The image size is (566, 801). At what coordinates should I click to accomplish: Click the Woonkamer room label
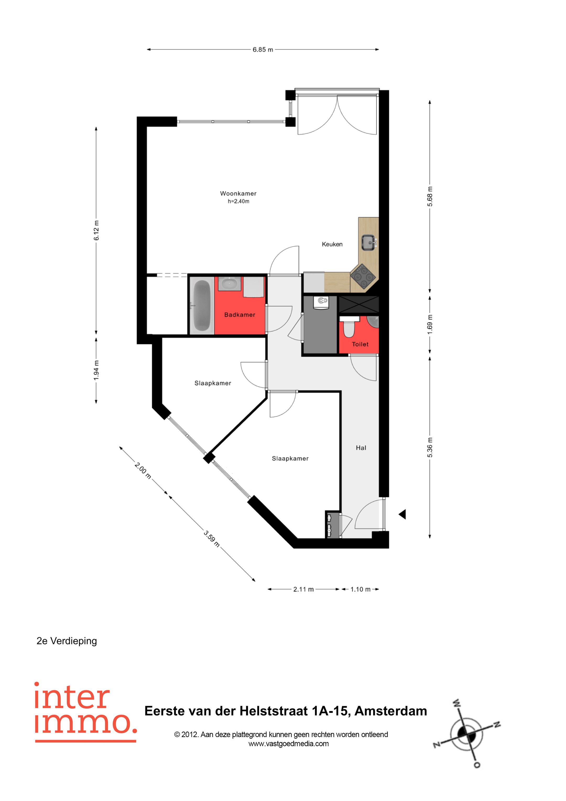[x=238, y=193]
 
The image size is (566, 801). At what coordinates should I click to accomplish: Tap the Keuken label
[x=332, y=244]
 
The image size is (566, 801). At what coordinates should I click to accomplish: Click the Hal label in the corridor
[x=361, y=448]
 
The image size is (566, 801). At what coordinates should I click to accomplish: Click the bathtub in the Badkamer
[x=202, y=306]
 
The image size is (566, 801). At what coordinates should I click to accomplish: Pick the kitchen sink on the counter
[x=369, y=243]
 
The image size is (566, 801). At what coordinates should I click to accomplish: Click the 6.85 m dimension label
[x=263, y=50]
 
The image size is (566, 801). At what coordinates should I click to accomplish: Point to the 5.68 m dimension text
[x=430, y=196]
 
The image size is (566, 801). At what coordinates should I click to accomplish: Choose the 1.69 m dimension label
[x=430, y=324]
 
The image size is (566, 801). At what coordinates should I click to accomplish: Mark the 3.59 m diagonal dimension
[x=212, y=539]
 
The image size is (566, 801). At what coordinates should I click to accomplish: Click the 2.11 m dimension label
[x=303, y=589]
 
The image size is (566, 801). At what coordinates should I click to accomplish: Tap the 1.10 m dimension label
[x=360, y=589]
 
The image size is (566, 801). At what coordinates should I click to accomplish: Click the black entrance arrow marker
[x=403, y=514]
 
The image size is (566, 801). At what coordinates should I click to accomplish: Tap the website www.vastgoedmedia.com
[x=289, y=744]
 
